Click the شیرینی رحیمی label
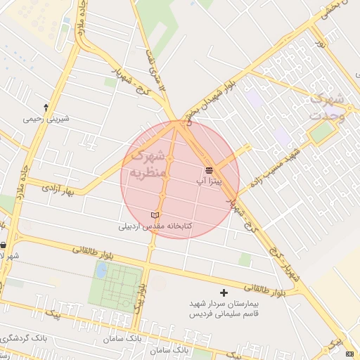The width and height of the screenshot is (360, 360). [x=47, y=119]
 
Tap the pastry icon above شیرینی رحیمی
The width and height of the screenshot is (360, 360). [x=46, y=108]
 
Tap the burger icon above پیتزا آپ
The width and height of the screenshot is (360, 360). [x=209, y=170]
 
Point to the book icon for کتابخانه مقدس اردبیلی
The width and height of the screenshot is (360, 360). [x=155, y=214]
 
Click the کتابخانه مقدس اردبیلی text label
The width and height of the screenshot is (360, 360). [x=155, y=226]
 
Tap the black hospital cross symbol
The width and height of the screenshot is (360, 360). [x=224, y=292]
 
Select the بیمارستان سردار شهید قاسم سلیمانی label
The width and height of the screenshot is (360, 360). [x=224, y=309]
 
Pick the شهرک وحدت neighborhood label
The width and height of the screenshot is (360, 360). [x=328, y=105]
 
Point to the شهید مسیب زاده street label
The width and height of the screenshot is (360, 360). [x=271, y=168]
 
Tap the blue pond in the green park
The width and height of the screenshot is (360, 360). [x=102, y=269]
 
